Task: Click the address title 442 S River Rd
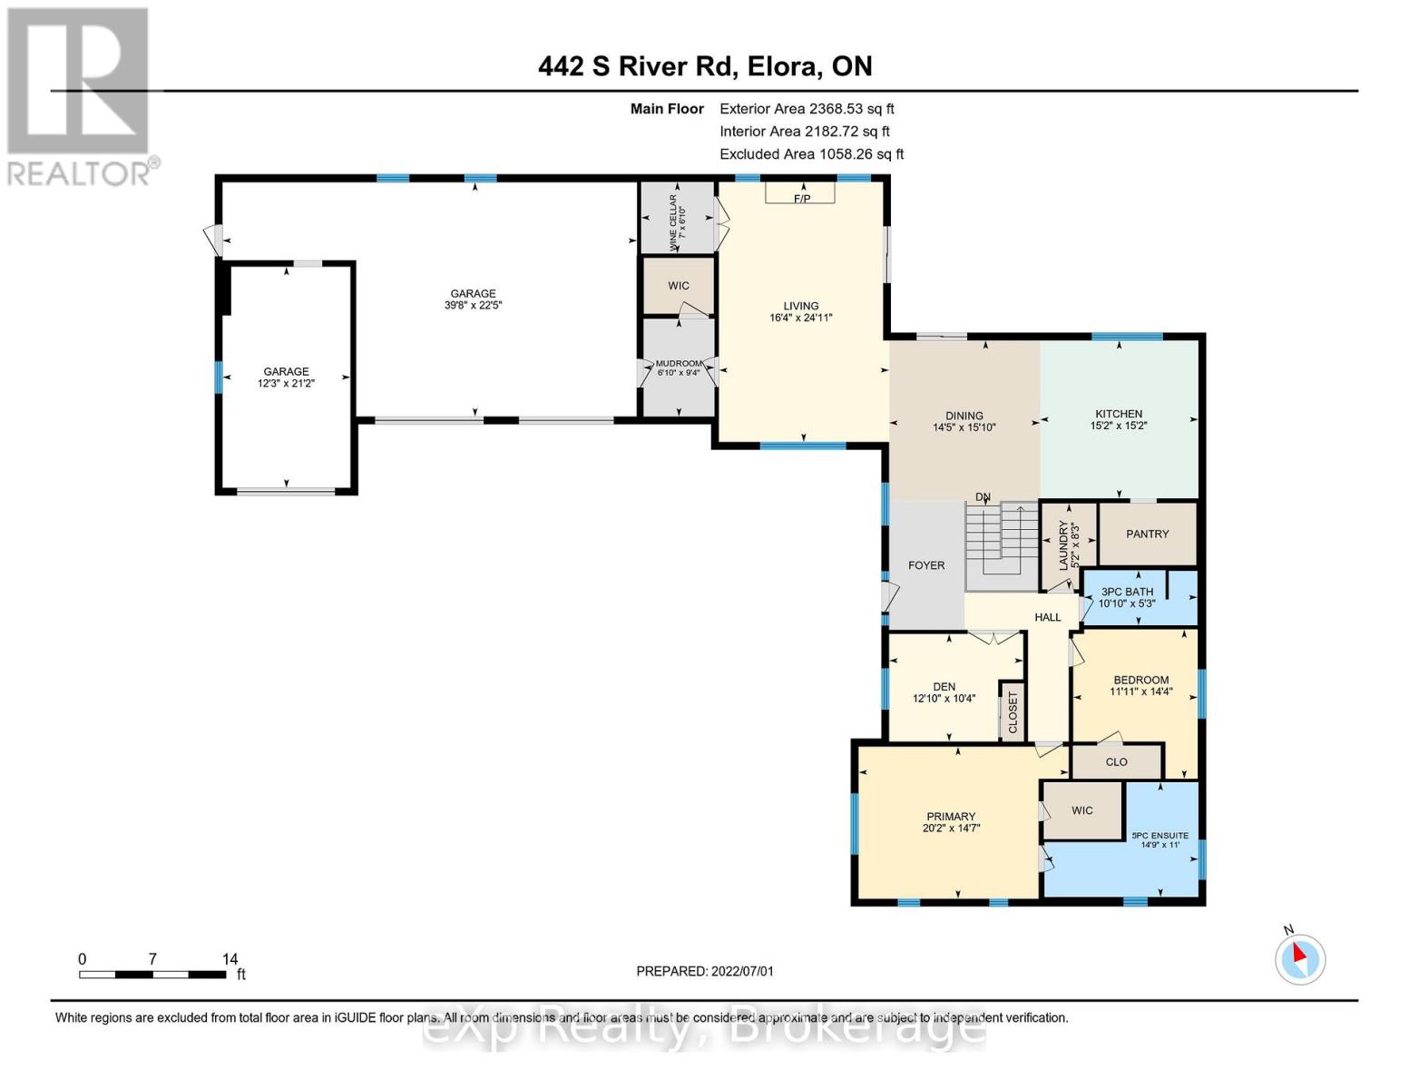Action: (x=705, y=66)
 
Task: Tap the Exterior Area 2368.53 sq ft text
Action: (x=807, y=109)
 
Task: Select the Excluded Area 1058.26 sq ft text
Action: (x=811, y=154)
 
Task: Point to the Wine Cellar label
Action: (x=677, y=219)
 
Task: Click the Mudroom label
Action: (x=679, y=364)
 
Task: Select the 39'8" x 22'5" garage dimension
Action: (x=473, y=306)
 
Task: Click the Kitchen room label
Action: (x=1118, y=414)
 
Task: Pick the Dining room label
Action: (x=964, y=417)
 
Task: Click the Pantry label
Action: (x=1147, y=535)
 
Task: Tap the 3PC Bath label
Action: (x=1126, y=592)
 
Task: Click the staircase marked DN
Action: (x=1001, y=544)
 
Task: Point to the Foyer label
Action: (x=926, y=565)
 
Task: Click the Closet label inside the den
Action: (x=1013, y=713)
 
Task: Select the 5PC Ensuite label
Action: (x=1159, y=836)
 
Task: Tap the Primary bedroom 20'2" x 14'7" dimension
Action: (x=951, y=829)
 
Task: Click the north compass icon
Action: (x=1299, y=958)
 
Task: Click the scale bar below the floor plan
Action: (x=152, y=975)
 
